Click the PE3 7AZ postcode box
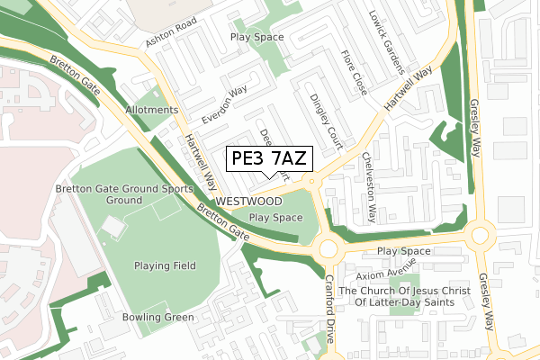coord(268,159)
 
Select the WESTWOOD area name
coord(249,202)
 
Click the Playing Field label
coord(165,265)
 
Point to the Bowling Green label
coord(158,317)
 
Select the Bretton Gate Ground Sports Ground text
coord(123,194)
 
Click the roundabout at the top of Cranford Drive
coord(327,247)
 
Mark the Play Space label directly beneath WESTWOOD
coord(275,218)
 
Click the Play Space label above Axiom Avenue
coord(404,251)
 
